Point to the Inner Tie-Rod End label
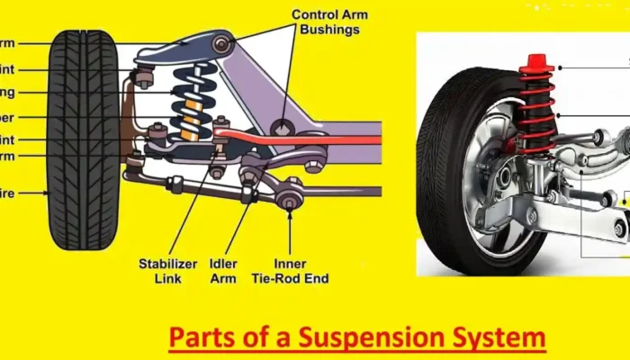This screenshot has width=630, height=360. point(290,271)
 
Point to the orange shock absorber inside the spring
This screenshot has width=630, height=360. point(190,121)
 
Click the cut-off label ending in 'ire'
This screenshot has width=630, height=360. point(8,192)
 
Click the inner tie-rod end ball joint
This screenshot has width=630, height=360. point(289,202)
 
